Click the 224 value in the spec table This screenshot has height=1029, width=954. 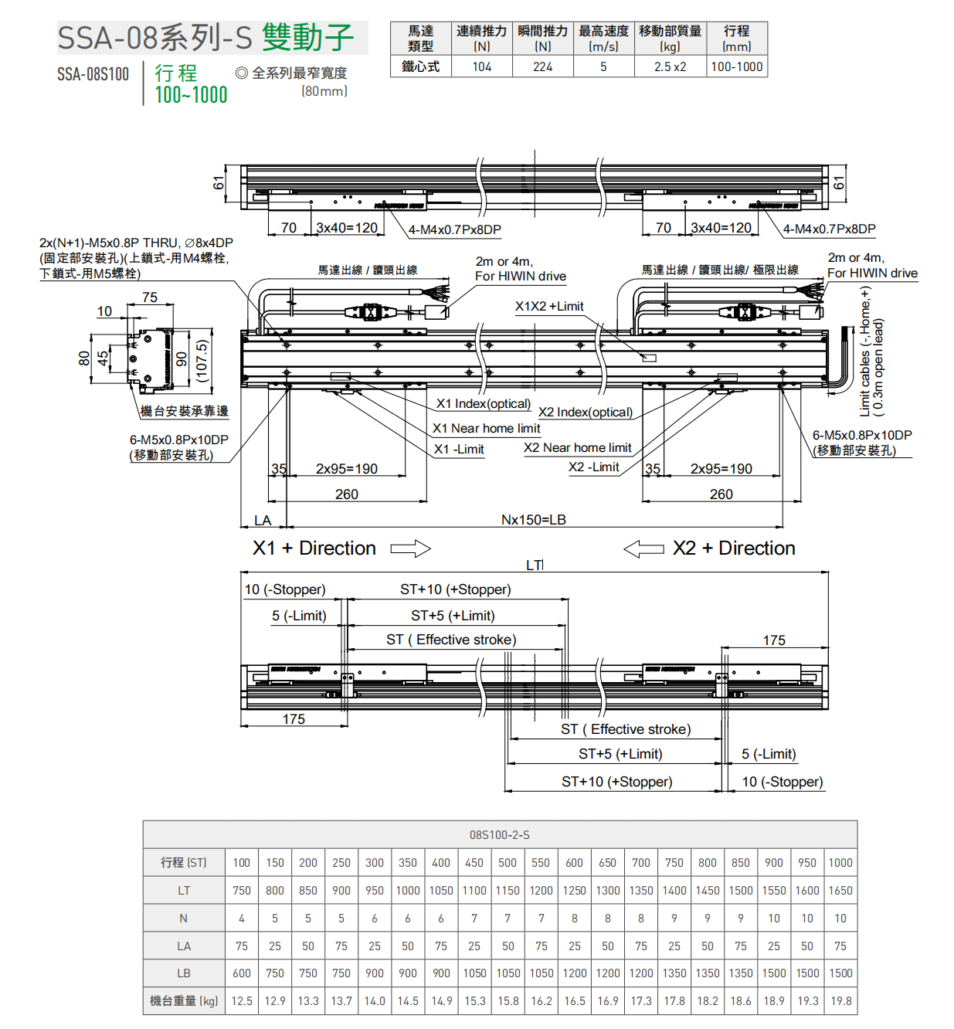point(543,66)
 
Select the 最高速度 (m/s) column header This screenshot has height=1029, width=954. point(603,38)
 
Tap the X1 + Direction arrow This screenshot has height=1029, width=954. point(410,548)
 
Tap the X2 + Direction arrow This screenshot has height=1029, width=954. point(643,548)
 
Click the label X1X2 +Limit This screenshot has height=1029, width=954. point(549,307)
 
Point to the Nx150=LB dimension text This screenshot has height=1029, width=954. point(533,520)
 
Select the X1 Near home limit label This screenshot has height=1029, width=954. point(486,429)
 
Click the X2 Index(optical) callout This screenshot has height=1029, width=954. point(586,413)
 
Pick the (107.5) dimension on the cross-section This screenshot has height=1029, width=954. point(202,361)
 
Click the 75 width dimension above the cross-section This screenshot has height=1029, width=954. point(150,297)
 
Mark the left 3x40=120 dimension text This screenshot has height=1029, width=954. point(347,228)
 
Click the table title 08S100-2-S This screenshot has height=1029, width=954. point(500,835)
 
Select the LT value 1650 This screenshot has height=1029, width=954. point(840,891)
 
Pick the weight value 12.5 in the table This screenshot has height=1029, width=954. point(242,1001)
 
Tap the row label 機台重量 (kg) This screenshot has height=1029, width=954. point(184,1001)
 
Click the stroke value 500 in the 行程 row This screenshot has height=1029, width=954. point(508,863)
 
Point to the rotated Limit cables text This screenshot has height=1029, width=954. point(871,351)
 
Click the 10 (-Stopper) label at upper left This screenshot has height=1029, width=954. point(285,589)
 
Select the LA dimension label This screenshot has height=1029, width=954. point(263,521)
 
